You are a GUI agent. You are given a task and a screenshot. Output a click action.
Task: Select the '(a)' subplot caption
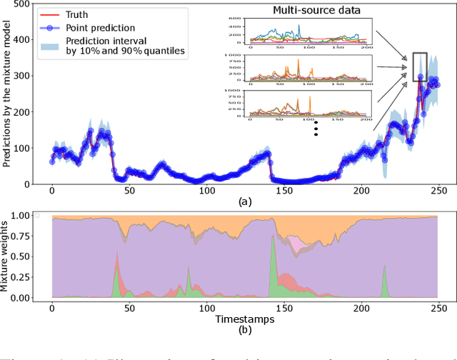point(245,202)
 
